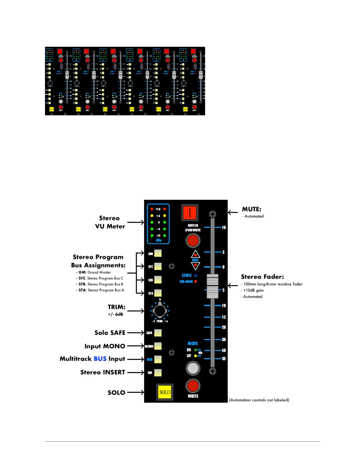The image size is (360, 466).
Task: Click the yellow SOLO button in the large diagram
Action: click(x=165, y=392)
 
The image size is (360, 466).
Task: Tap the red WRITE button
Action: click(x=193, y=386)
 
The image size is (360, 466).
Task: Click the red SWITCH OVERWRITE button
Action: click(x=193, y=241)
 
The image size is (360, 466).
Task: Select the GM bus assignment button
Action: click(x=158, y=253)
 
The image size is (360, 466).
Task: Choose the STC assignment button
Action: click(x=158, y=266)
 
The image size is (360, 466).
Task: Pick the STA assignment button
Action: click(x=158, y=293)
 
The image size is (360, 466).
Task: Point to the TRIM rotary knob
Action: click(x=160, y=311)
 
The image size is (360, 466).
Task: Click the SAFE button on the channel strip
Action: click(x=158, y=333)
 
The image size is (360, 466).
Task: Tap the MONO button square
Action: click(x=158, y=346)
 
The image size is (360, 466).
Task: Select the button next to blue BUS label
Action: click(x=158, y=359)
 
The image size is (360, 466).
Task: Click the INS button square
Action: click(x=158, y=373)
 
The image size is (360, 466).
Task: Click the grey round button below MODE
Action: click(x=193, y=368)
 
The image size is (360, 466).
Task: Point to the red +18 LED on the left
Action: click(x=152, y=209)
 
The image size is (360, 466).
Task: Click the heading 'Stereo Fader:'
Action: click(x=262, y=277)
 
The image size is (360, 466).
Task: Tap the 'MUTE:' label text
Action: click(x=251, y=209)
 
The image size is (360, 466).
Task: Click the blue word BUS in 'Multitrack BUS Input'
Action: click(x=100, y=359)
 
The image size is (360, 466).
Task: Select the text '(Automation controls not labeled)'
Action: click(x=259, y=400)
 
